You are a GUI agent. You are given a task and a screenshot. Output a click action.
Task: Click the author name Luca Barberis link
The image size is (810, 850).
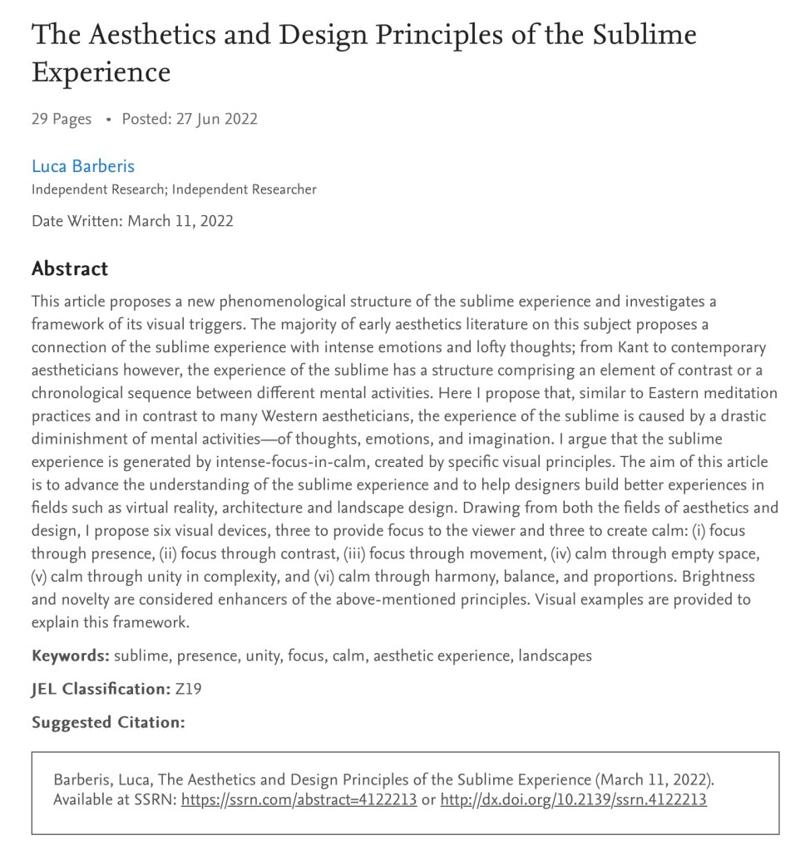click(x=83, y=165)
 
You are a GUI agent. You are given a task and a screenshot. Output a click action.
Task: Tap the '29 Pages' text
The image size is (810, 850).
click(x=62, y=119)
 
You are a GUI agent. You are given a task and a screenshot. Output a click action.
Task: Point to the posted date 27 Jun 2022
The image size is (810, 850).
click(x=216, y=119)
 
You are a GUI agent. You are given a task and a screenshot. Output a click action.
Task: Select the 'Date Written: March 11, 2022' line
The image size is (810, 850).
click(x=132, y=221)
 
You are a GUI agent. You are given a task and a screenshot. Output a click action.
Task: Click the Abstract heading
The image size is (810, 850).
click(x=70, y=269)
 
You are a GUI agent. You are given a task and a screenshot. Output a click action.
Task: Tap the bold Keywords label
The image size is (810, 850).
click(x=70, y=656)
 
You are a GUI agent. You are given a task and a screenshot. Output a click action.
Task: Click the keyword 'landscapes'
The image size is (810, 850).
click(x=555, y=656)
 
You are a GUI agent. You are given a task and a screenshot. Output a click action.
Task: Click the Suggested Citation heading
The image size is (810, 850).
click(x=108, y=722)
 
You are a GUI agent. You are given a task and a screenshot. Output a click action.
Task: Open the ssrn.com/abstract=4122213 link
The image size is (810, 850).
click(x=299, y=800)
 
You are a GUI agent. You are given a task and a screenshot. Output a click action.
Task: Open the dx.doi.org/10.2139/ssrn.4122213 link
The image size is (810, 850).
click(x=573, y=800)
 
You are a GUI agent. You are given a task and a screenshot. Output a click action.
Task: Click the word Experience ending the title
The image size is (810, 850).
click(x=101, y=72)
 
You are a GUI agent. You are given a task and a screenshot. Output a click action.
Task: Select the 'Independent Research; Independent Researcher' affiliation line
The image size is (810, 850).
click(x=174, y=189)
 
